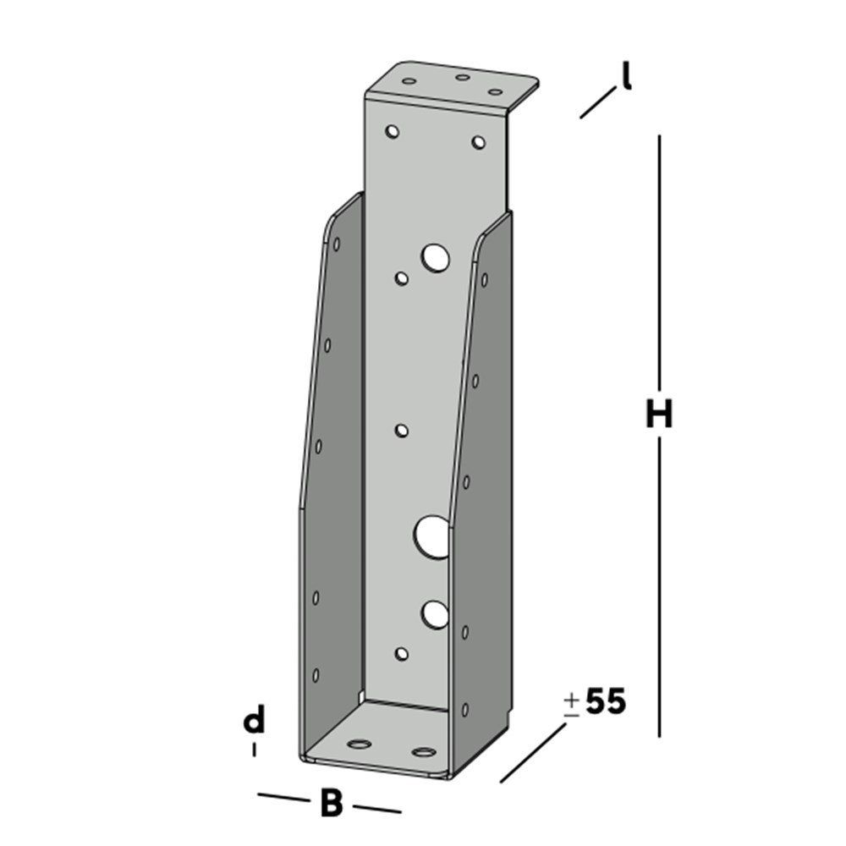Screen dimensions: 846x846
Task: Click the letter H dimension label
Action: [x=658, y=415]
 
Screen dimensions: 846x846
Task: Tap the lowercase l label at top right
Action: [x=626, y=77]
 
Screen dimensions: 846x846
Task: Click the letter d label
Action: [x=254, y=721]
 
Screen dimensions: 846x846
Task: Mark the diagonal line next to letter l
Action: [x=597, y=102]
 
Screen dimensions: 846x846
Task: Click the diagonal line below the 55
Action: [x=533, y=753]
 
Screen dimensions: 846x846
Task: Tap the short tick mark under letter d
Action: [x=254, y=750]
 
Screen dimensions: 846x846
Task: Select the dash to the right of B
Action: [x=376, y=808]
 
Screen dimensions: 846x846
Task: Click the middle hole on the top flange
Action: [x=463, y=78]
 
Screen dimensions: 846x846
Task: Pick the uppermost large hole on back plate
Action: [x=437, y=257]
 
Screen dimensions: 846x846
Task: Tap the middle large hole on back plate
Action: [x=432, y=536]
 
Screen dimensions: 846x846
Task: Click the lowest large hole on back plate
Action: [x=435, y=614]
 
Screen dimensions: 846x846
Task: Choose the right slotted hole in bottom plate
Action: [x=422, y=751]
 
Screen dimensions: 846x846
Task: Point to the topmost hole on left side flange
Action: [x=337, y=244]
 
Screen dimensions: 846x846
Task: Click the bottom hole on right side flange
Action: [x=464, y=709]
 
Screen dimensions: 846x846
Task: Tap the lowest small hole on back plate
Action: [x=402, y=653]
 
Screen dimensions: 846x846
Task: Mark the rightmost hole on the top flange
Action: [x=496, y=91]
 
